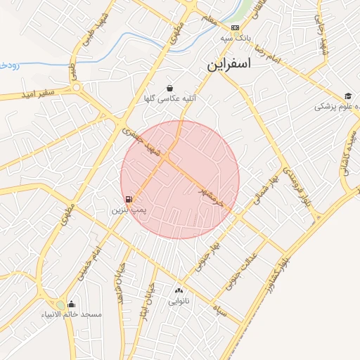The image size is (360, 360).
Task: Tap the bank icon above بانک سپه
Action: (x=235, y=27)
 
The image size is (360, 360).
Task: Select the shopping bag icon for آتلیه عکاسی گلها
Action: (x=170, y=89)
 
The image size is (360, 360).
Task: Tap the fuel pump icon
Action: (x=129, y=200)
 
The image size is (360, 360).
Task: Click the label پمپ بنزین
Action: (x=129, y=210)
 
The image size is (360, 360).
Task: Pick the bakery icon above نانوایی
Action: (x=178, y=290)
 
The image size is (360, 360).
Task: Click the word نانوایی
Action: (x=178, y=300)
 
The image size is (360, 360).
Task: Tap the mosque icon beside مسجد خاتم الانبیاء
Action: (x=71, y=304)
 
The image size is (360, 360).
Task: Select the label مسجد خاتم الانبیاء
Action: (x=80, y=314)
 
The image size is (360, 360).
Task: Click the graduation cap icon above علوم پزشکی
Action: (x=348, y=96)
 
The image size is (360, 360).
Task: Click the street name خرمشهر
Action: (x=210, y=196)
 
